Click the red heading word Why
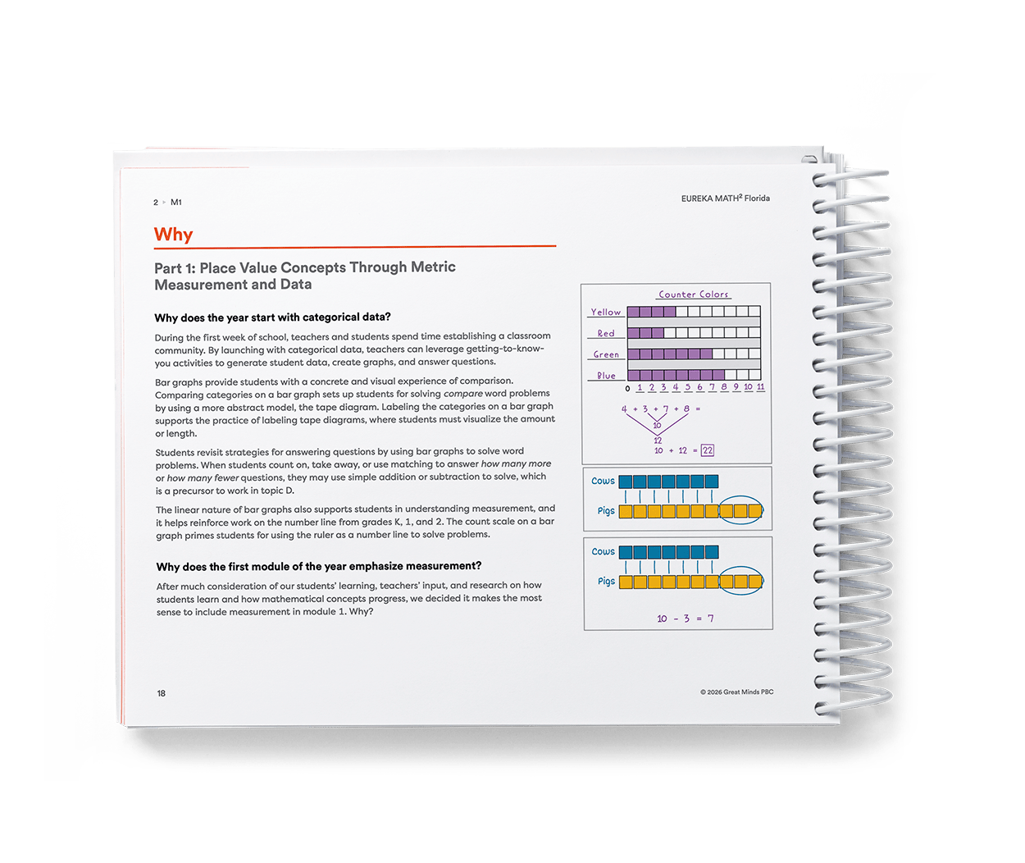[x=173, y=235]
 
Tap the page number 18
[x=161, y=693]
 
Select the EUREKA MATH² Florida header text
[x=725, y=198]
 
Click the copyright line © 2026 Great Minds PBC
[x=737, y=692]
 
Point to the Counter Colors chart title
[x=693, y=295]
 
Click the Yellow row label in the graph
[x=605, y=312]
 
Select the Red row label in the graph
[x=606, y=333]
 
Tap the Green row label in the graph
[x=606, y=354]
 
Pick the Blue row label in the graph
[x=606, y=375]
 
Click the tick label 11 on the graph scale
[x=760, y=386]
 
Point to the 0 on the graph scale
[x=627, y=389]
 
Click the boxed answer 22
[x=708, y=450]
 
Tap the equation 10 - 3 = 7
[x=686, y=619]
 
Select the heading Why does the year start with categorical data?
[x=272, y=317]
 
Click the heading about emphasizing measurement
[x=319, y=566]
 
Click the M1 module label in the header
[x=175, y=202]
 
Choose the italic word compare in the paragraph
[x=463, y=394]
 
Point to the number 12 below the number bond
[x=658, y=441]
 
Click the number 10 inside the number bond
[x=658, y=426]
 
